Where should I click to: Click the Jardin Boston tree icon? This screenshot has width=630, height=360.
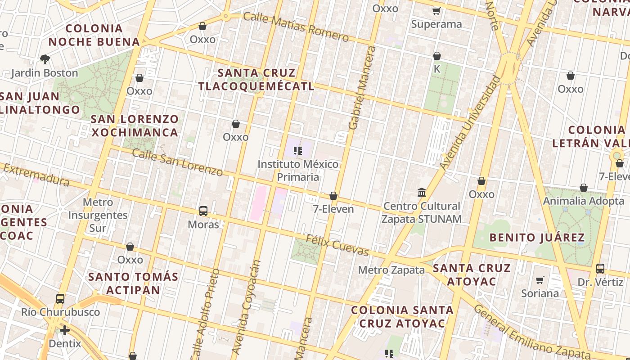pyautogui.click(x=45, y=59)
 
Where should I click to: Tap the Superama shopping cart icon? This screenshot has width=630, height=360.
pyautogui.click(x=436, y=11)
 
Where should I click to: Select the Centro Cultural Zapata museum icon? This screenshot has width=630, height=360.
pyautogui.click(x=422, y=193)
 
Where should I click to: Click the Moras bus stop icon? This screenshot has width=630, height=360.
pyautogui.click(x=203, y=211)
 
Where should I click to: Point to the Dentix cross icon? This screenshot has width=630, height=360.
pyautogui.click(x=65, y=331)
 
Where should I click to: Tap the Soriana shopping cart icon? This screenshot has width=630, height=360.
pyautogui.click(x=540, y=280)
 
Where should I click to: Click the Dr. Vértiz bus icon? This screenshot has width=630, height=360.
pyautogui.click(x=600, y=269)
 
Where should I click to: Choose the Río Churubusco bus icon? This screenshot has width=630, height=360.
pyautogui.click(x=60, y=298)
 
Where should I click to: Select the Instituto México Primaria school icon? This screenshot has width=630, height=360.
pyautogui.click(x=297, y=150)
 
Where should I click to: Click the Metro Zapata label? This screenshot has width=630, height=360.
pyautogui.click(x=391, y=270)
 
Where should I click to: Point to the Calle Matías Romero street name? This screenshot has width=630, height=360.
pyautogui.click(x=296, y=27)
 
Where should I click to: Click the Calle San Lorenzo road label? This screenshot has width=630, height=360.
pyautogui.click(x=177, y=162)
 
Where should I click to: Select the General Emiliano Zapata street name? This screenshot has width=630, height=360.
pyautogui.click(x=531, y=331)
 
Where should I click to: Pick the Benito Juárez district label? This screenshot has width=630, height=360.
pyautogui.click(x=537, y=237)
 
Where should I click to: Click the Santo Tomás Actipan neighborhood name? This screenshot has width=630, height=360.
pyautogui.click(x=133, y=283)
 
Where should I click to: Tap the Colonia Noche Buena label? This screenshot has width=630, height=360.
pyautogui.click(x=94, y=35)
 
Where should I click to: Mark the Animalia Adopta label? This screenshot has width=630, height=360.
pyautogui.click(x=584, y=201)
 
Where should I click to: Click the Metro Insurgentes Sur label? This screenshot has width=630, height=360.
pyautogui.click(x=98, y=215)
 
